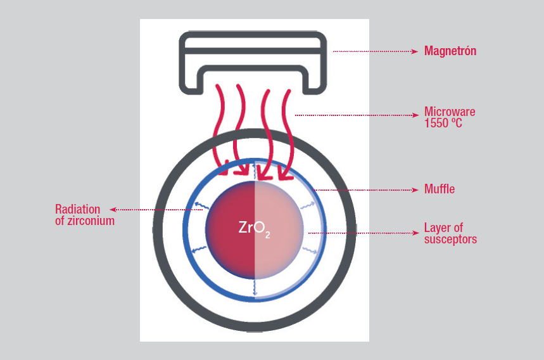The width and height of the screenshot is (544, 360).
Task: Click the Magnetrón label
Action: pos(450,51)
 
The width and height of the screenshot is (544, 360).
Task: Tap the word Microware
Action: pos(449,112)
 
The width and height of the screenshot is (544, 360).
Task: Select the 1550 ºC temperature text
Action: pos(443,123)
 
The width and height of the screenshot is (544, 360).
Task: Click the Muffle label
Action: pos(439,189)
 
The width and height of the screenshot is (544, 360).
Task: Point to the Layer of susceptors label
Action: pos(450,233)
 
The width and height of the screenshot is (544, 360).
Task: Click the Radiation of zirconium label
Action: pos(85,215)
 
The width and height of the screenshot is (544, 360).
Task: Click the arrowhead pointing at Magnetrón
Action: pos(415,51)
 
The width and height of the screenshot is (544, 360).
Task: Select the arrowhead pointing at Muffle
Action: pos(415,189)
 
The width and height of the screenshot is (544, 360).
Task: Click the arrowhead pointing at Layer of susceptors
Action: pos(415,233)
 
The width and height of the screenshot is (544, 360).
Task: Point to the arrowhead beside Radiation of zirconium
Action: pos(113,209)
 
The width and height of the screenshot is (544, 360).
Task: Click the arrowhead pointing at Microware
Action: pos(415,115)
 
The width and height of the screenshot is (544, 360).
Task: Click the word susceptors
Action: pos(450,239)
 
